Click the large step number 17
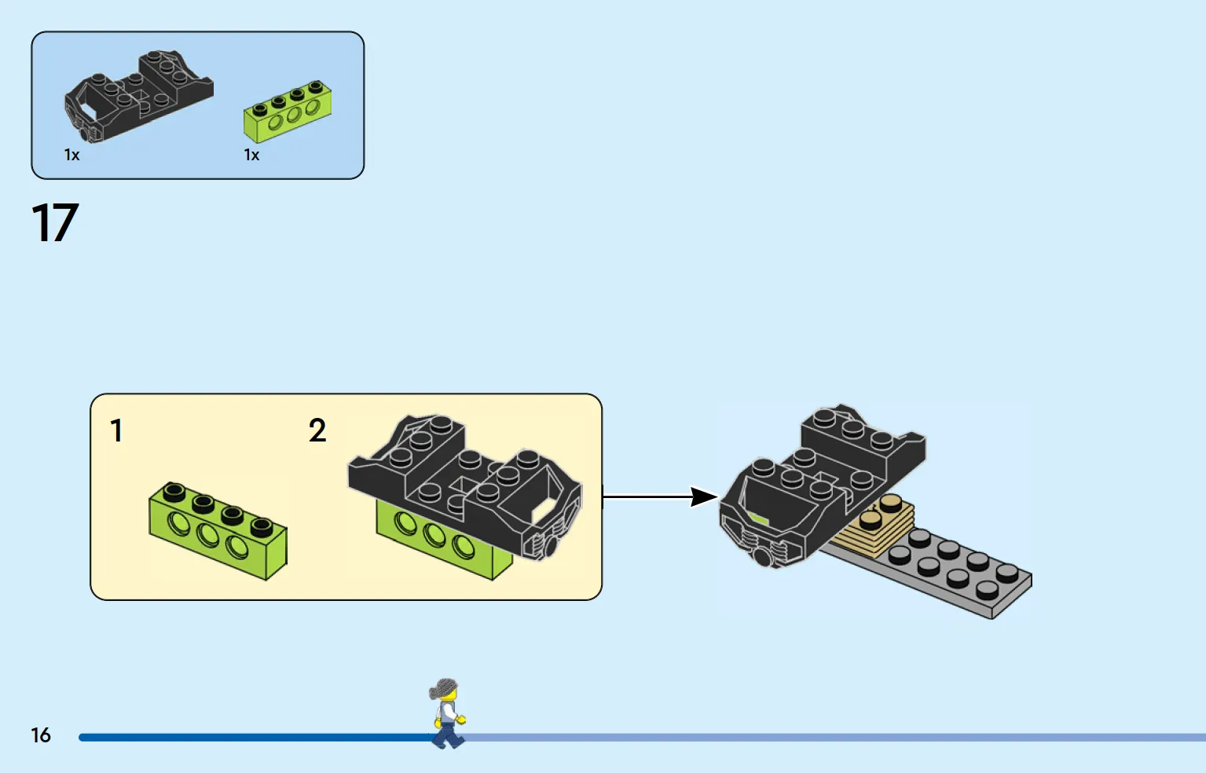[55, 222]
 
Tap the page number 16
[41, 735]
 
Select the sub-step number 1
[116, 430]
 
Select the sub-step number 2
[317, 430]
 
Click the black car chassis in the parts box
[138, 97]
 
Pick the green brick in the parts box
[288, 112]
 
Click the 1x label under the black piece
[71, 155]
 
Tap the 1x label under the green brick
[251, 155]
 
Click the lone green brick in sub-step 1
[218, 531]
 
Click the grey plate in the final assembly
[948, 570]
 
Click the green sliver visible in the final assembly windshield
[759, 518]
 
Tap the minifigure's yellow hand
[461, 719]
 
